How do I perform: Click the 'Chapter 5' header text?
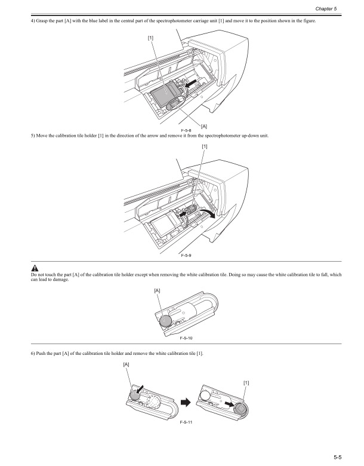click(343, 11)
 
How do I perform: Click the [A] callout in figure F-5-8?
click(204, 126)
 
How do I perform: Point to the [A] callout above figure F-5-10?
click(158, 290)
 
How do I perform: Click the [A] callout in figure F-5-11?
click(127, 364)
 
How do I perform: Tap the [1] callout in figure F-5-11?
click(247, 382)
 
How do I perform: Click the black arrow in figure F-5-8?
click(190, 87)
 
